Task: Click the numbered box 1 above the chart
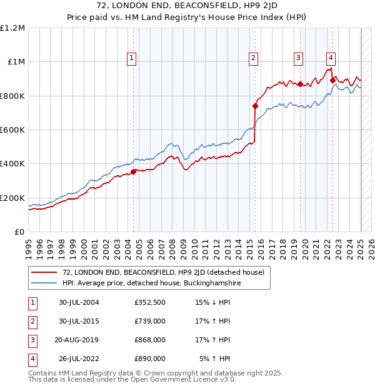[132, 59]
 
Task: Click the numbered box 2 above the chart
[254, 59]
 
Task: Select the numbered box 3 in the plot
[299, 59]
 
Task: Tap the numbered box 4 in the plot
[331, 59]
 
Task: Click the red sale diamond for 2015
[255, 106]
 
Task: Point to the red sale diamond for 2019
[301, 84]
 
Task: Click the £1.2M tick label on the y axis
[12, 28]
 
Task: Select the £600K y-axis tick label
[12, 130]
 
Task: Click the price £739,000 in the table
[150, 320]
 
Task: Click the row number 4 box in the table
[31, 359]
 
